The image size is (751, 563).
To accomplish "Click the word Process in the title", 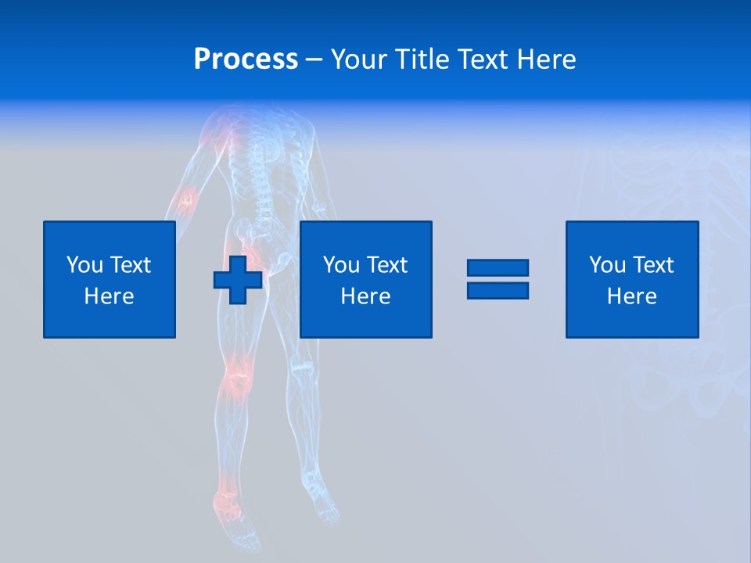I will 246,59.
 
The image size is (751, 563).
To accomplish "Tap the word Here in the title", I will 547,59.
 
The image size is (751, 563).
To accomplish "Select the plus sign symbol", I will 238,280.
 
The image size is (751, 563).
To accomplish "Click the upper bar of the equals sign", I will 498,268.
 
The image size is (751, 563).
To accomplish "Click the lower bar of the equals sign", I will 498,291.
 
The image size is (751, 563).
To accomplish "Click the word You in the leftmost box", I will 84,265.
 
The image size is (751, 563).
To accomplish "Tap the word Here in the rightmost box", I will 631,296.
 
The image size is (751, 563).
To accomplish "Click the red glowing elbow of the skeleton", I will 185,199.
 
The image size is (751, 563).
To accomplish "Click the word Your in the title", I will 359,59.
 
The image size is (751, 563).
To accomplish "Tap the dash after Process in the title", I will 314,59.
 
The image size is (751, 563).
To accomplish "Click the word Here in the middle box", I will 365,296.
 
